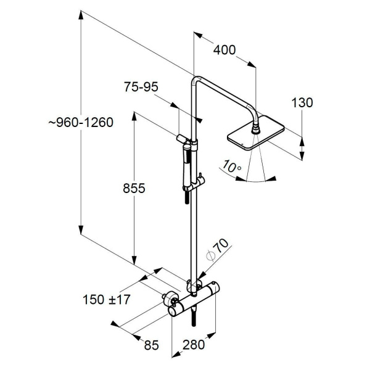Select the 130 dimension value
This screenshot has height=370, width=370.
pos(303,103)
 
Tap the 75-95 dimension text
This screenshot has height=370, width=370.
pos(141,87)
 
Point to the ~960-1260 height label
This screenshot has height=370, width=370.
pos(81,123)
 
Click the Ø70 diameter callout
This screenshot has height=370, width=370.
pos(219,251)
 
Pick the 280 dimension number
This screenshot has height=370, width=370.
pos(195,345)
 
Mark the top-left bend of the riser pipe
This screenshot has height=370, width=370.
pos(195,80)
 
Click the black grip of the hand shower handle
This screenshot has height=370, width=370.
pos(184,199)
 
